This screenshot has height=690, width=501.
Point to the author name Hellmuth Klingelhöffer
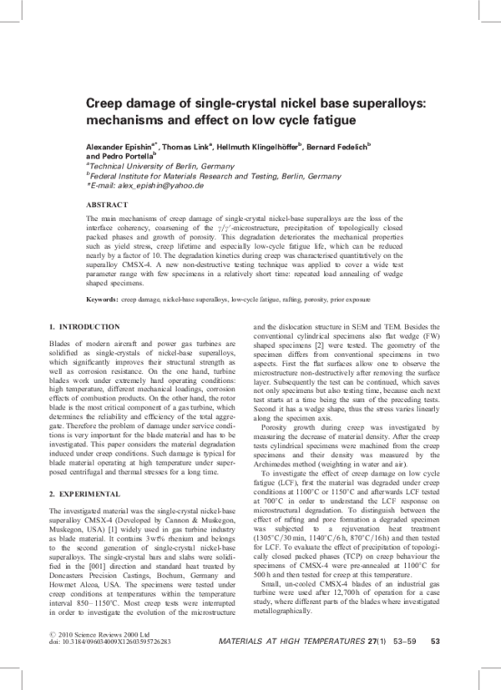(263, 146)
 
